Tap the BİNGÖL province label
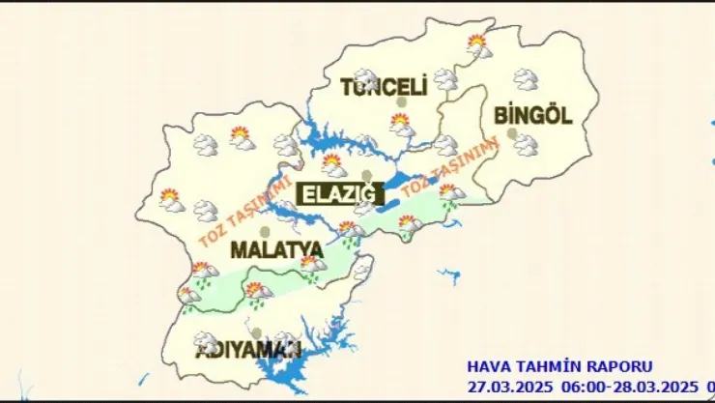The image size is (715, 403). (532, 115)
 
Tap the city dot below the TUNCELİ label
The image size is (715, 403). (412, 102)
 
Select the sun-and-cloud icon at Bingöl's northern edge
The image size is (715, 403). (477, 44)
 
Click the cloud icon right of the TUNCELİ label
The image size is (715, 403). (445, 79)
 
